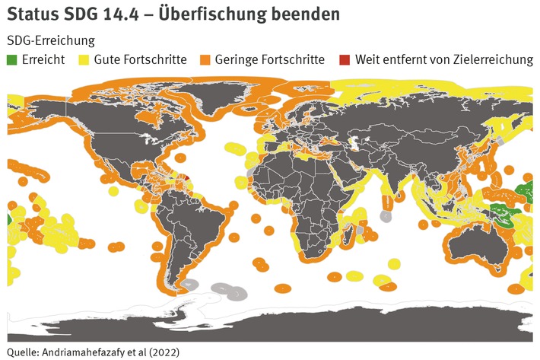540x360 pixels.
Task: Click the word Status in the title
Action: pyautogui.click(x=31, y=14)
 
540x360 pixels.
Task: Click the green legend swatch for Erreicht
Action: pyautogui.click(x=12, y=59)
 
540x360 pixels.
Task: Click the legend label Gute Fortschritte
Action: pyautogui.click(x=140, y=59)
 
